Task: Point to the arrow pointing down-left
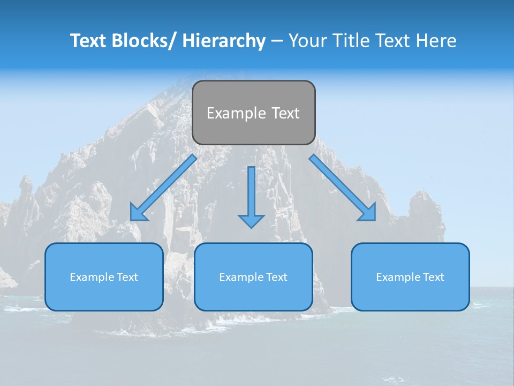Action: (x=163, y=188)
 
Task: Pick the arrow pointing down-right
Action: (x=343, y=188)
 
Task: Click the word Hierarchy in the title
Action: (x=224, y=41)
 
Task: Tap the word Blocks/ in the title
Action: (x=140, y=41)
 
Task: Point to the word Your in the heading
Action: (x=307, y=41)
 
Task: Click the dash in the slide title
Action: (x=277, y=41)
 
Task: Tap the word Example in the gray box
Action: (x=236, y=113)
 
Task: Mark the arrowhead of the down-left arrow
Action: (x=138, y=213)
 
